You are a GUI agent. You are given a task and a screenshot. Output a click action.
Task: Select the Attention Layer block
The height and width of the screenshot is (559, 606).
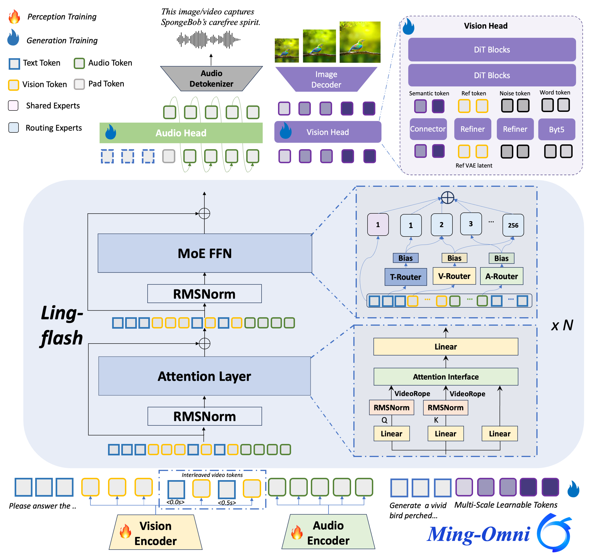(x=204, y=376)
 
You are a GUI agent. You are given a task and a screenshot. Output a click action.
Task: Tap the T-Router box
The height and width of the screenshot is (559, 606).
(x=405, y=277)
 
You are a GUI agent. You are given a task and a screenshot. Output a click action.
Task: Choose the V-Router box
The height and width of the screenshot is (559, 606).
(x=454, y=276)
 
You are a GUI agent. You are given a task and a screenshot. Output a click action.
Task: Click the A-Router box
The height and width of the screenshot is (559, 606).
(x=501, y=276)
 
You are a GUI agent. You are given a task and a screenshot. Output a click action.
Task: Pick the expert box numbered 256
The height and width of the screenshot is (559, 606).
(x=513, y=225)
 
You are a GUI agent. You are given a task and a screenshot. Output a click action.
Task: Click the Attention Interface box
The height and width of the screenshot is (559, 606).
(x=446, y=377)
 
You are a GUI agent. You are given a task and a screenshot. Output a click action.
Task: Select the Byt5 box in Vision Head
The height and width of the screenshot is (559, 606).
(x=556, y=129)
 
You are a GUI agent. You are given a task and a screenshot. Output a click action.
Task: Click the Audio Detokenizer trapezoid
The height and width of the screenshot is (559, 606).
(x=212, y=79)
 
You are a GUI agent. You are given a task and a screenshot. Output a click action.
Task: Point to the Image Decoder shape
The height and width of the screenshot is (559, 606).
(x=326, y=79)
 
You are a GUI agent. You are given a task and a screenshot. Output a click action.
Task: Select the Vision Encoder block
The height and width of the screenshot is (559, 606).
(x=155, y=533)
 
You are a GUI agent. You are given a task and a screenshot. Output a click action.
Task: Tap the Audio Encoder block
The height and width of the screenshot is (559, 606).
(x=328, y=532)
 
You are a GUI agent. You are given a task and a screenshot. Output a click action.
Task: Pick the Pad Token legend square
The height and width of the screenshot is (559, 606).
(x=79, y=84)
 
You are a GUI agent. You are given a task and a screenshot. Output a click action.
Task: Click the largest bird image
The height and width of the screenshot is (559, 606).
(x=360, y=42)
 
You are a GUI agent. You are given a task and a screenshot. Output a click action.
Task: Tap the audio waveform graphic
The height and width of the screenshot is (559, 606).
(x=209, y=40)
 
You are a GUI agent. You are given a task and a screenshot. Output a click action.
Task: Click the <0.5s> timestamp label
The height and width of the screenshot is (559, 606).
(x=227, y=503)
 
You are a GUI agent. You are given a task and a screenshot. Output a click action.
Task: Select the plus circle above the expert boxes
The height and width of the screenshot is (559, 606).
(x=447, y=198)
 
